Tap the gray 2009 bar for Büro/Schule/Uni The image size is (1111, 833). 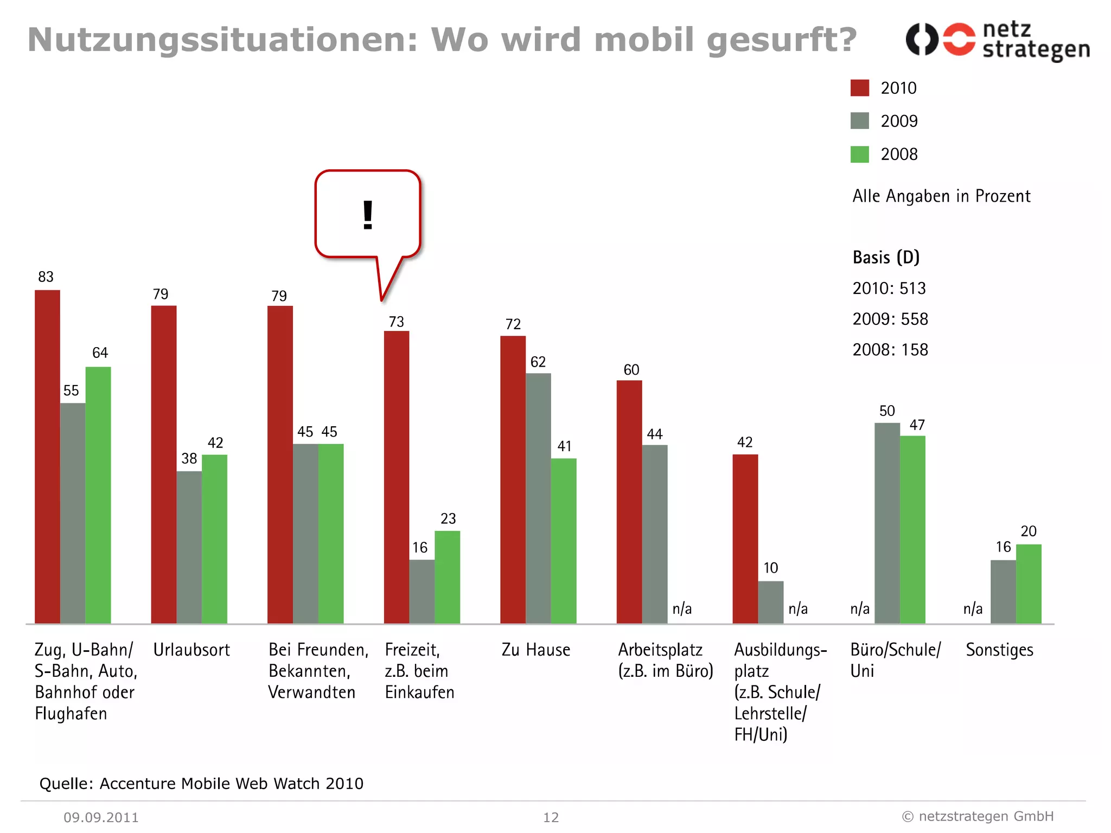pyautogui.click(x=887, y=523)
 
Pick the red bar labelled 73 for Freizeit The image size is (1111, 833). pyautogui.click(x=396, y=477)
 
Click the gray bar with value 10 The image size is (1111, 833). pyautogui.click(x=770, y=602)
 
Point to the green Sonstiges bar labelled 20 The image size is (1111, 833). pyautogui.click(x=1028, y=584)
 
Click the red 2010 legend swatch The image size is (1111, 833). pyautogui.click(x=859, y=88)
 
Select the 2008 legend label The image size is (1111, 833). pyautogui.click(x=899, y=155)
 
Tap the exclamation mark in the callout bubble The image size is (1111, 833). pyautogui.click(x=368, y=215)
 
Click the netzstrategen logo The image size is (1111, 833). pyautogui.click(x=997, y=40)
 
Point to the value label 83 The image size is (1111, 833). pyautogui.click(x=46, y=277)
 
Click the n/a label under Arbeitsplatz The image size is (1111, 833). pyautogui.click(x=682, y=608)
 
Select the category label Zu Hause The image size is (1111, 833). pyautogui.click(x=535, y=650)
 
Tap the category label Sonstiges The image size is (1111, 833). pyautogui.click(x=999, y=650)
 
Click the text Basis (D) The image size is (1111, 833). pyautogui.click(x=886, y=257)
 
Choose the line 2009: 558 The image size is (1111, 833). pyautogui.click(x=890, y=319)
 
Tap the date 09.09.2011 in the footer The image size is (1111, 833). pyautogui.click(x=101, y=817)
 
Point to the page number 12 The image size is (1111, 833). pyautogui.click(x=551, y=817)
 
